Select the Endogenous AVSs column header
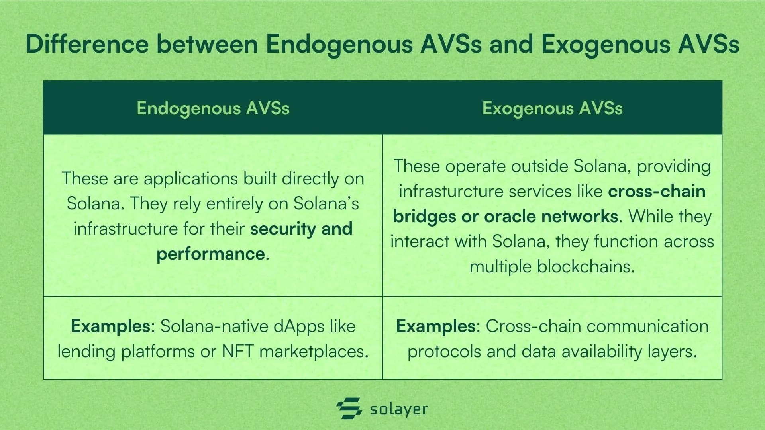tap(213, 108)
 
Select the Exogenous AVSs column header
tap(552, 108)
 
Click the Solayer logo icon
tap(349, 408)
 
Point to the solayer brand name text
tap(399, 409)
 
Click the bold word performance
tap(210, 254)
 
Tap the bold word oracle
tap(510, 216)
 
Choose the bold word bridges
tap(424, 217)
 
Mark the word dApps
tap(294, 326)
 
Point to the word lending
tap(86, 352)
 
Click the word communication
tap(648, 326)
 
